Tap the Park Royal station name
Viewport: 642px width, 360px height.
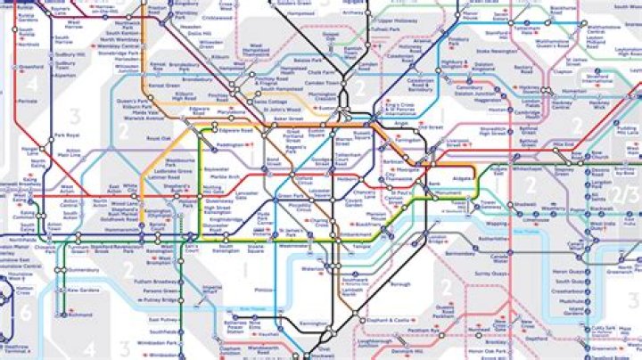[x=67, y=135]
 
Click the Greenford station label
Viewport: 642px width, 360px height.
[x=30, y=65]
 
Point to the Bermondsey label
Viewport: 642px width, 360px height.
[x=460, y=253]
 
